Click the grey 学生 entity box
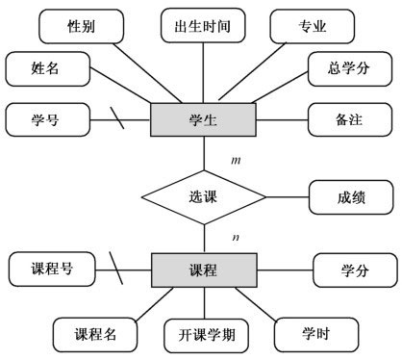pos(204,120)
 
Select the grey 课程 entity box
pos(204,270)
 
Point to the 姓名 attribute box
pos(47,70)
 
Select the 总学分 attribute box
pos(348,70)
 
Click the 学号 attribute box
pos(47,120)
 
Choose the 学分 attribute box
pos(354,270)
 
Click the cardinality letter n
pos(236,234)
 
